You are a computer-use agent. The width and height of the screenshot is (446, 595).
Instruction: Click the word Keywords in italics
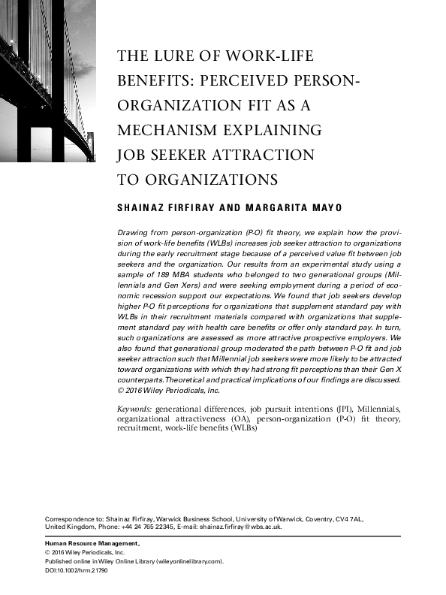[134, 408]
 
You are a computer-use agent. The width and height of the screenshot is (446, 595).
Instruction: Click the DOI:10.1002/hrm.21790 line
[77, 571]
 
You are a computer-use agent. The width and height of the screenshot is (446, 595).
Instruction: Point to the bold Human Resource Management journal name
[93, 543]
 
